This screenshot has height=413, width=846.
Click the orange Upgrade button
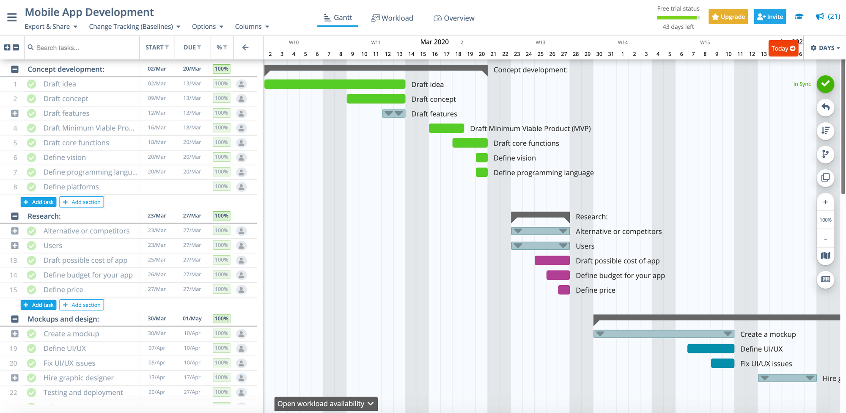[728, 17]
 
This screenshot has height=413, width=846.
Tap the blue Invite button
[770, 17]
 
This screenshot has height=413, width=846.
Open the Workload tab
[392, 18]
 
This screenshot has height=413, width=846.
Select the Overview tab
[454, 18]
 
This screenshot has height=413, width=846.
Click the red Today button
[783, 49]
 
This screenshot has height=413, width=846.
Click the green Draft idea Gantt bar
[335, 84]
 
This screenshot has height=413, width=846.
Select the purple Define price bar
[564, 290]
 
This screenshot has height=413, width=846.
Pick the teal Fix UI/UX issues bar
[722, 363]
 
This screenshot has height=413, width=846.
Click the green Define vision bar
[482, 158]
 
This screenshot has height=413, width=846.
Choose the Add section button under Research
[82, 305]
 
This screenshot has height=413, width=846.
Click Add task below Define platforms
[38, 202]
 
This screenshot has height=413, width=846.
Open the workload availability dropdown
[325, 404]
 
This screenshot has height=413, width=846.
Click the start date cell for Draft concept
[157, 98]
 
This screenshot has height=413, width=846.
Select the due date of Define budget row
[192, 275]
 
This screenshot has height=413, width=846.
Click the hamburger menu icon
[12, 17]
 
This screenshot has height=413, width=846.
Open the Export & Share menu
[51, 27]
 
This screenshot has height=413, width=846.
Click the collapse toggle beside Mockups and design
[15, 319]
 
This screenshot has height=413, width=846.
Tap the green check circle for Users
[31, 245]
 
